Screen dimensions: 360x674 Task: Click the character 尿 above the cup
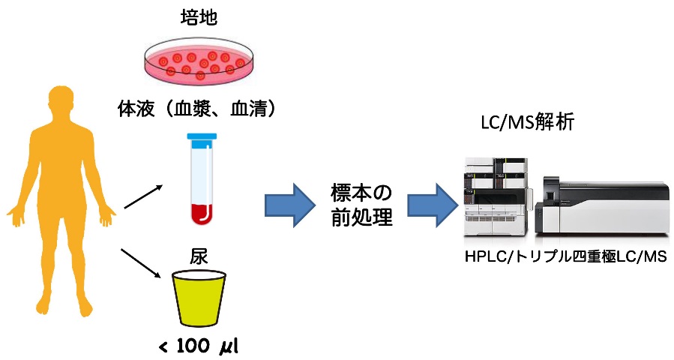tap(199, 257)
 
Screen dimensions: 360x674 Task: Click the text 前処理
tap(361, 217)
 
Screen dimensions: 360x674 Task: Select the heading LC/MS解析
tap(527, 123)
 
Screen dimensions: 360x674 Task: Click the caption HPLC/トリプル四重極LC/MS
tap(565, 257)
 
